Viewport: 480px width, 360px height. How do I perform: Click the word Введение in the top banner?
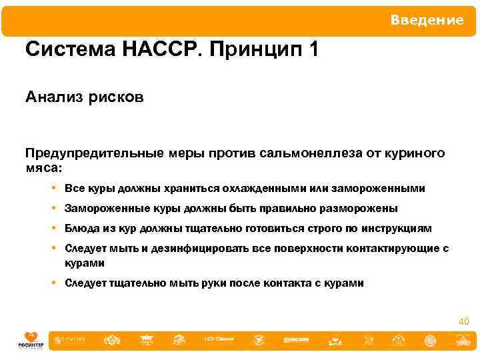[427, 20]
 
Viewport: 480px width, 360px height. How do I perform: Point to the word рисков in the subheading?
[117, 98]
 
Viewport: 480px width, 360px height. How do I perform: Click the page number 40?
[464, 322]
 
